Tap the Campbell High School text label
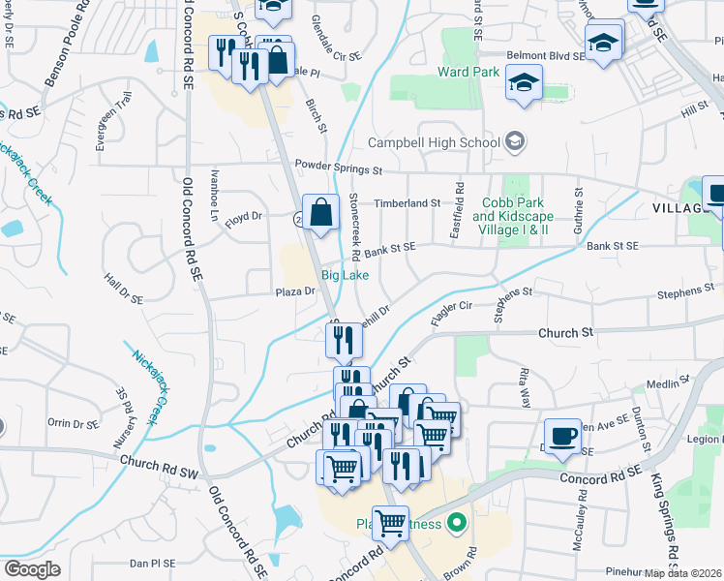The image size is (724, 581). (434, 142)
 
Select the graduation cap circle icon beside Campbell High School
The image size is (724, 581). (516, 142)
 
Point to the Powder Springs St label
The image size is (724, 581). (340, 167)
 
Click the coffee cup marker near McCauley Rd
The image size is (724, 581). (562, 437)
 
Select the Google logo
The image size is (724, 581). (31, 569)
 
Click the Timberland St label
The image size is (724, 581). (407, 203)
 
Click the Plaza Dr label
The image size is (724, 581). (296, 290)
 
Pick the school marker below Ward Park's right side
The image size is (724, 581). (524, 83)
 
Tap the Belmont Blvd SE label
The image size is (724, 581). (543, 56)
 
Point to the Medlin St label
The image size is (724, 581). (665, 384)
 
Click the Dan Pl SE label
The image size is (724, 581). (152, 563)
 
